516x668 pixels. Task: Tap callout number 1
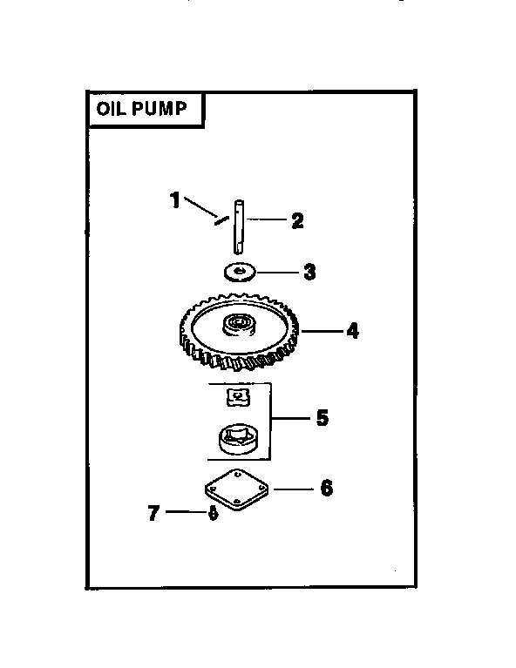click(175, 200)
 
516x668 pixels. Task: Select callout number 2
click(298, 221)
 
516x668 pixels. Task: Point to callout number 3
click(309, 273)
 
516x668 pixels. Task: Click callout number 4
click(351, 331)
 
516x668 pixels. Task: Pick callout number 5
click(322, 418)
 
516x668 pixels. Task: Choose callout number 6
click(326, 488)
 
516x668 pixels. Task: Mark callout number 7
click(154, 514)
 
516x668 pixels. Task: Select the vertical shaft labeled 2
click(237, 228)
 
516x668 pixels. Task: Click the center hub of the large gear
click(238, 326)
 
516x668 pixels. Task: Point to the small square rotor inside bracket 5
click(235, 397)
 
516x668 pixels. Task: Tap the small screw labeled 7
click(213, 514)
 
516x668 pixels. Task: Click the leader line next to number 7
click(183, 514)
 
